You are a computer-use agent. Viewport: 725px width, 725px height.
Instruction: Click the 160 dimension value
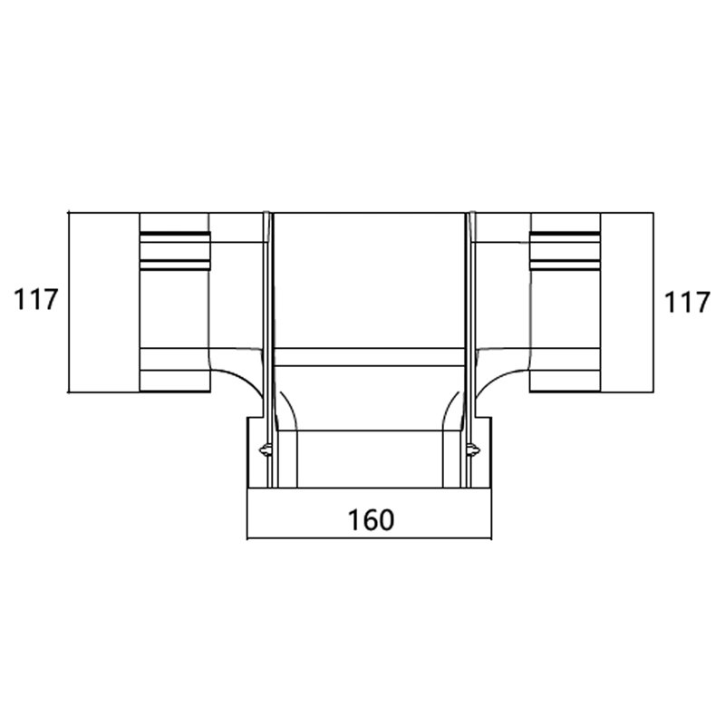pyautogui.click(x=371, y=520)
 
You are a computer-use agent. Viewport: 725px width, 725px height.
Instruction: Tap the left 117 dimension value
pyautogui.click(x=35, y=300)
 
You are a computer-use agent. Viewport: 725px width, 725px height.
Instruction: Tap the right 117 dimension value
pyautogui.click(x=687, y=303)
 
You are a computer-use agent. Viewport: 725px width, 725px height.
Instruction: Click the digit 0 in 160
pyautogui.click(x=385, y=520)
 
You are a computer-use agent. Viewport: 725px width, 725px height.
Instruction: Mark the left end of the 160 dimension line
pyautogui.click(x=247, y=538)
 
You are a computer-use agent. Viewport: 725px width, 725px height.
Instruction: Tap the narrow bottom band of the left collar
pyautogui.click(x=174, y=381)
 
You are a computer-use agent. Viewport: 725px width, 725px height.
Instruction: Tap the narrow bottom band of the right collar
pyautogui.click(x=565, y=381)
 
